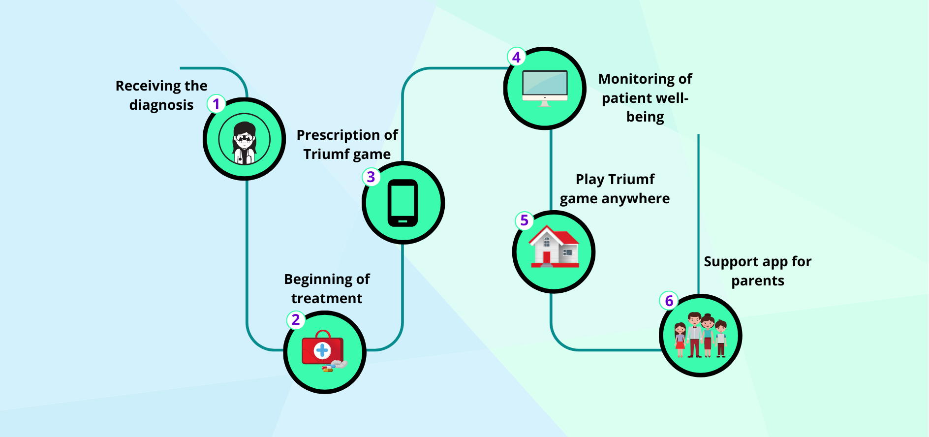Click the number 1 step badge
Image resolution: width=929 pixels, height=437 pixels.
(216, 104)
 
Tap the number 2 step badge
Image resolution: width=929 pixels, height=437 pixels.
(296, 320)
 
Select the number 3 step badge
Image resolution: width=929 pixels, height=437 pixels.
(371, 177)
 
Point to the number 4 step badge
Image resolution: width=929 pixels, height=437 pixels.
(516, 57)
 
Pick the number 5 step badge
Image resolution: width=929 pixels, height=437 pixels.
(524, 220)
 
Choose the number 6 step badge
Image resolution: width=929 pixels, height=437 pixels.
(669, 301)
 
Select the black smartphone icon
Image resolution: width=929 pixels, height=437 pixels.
(403, 203)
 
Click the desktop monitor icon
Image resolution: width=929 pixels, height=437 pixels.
(545, 88)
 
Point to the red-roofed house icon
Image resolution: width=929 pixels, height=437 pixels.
(554, 247)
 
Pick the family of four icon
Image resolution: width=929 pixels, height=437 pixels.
(701, 335)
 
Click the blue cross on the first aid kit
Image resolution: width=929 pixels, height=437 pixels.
(322, 350)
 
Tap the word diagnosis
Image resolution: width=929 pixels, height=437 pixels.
(161, 105)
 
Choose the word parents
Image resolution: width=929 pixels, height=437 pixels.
(758, 281)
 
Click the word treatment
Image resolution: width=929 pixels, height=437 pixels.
(327, 298)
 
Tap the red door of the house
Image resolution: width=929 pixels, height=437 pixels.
(547, 257)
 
